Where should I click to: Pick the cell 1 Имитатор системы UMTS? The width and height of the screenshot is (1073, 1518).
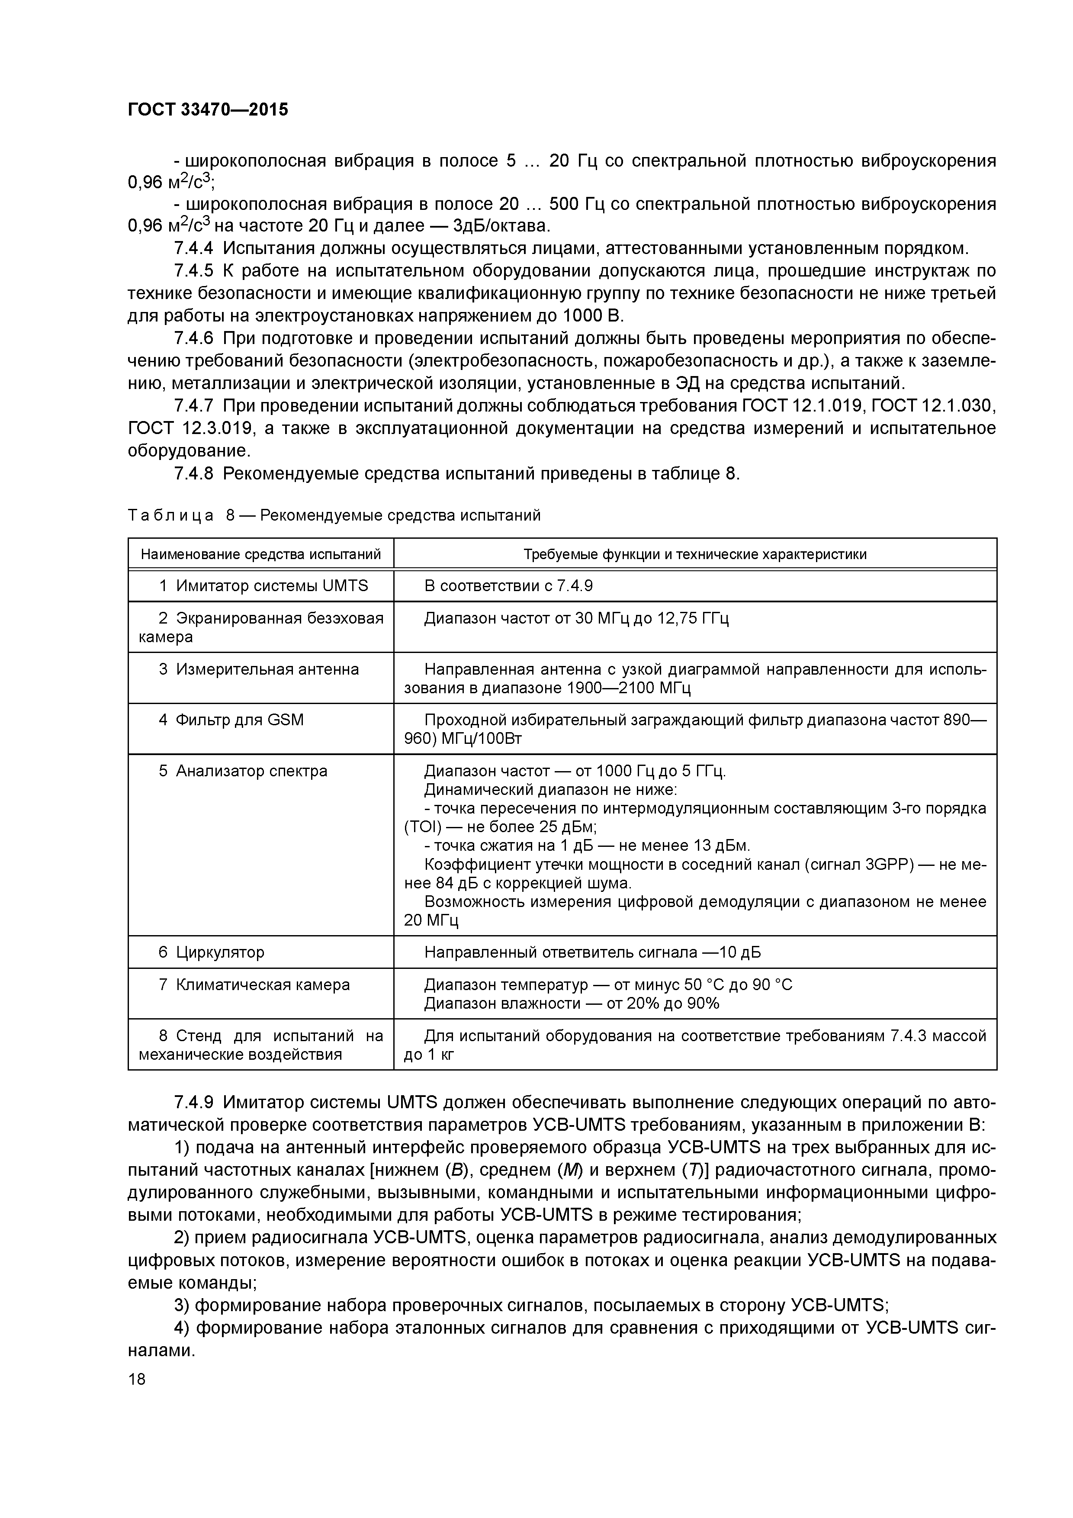click(263, 586)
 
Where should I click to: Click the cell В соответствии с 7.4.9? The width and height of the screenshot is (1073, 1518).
click(503, 586)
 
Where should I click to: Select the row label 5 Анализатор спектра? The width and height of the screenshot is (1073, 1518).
click(243, 771)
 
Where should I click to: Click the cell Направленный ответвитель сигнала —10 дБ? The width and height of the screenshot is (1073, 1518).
click(592, 952)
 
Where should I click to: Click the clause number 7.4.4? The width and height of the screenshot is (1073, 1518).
click(194, 248)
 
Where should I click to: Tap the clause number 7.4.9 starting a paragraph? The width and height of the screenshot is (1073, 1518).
click(194, 1102)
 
